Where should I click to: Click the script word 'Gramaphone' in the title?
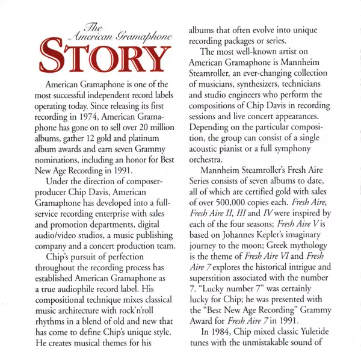[x=144, y=37]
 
